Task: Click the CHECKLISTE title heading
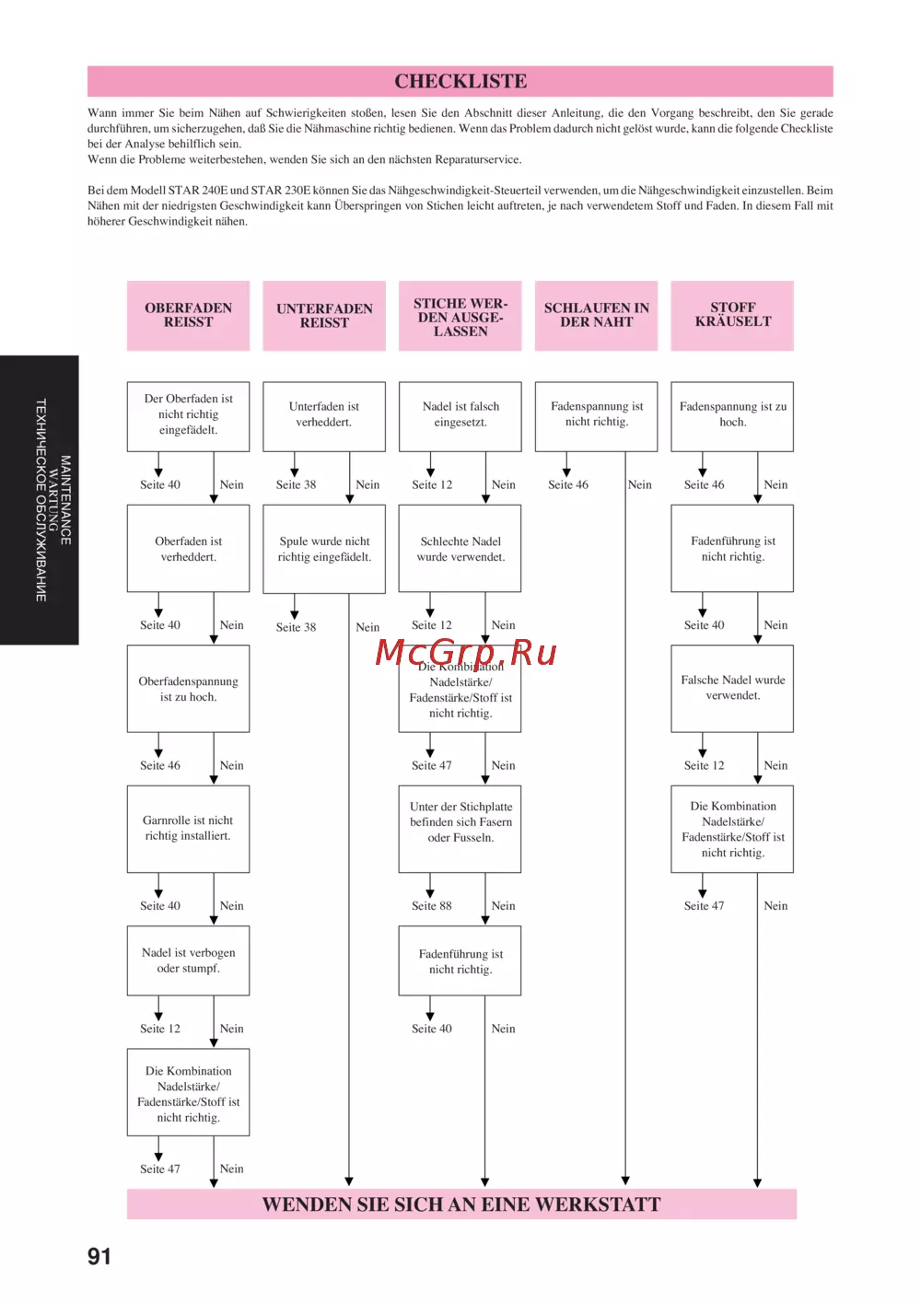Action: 460,81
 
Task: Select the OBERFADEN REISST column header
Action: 188,315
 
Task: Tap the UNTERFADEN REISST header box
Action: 324,316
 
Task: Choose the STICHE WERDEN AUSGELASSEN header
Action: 460,316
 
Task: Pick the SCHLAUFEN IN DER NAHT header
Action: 596,315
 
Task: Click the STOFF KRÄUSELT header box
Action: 732,315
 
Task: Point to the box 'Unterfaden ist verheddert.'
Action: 324,415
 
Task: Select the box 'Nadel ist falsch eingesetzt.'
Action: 460,415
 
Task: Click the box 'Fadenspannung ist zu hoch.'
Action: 732,415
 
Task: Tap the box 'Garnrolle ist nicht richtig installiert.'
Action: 188,829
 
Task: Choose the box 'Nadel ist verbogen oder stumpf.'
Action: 188,960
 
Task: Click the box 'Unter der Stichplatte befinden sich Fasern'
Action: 460,822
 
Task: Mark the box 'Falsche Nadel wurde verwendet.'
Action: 732,688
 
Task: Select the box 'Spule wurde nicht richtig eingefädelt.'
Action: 324,549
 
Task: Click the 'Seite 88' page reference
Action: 432,906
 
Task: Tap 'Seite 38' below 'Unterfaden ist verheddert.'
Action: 296,485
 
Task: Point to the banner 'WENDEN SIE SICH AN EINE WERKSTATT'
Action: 461,1204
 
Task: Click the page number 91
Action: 99,1257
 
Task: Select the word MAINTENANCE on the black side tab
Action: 65,500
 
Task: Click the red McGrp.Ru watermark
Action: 466,653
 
